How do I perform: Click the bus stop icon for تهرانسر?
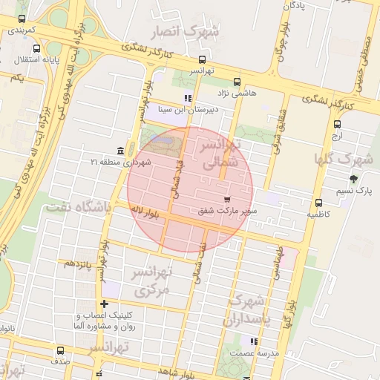coord(203,60)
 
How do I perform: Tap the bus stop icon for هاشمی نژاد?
coord(236,82)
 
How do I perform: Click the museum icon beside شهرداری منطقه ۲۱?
coord(121,151)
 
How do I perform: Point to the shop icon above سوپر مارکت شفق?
coord(226,200)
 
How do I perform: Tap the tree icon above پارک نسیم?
coord(353,179)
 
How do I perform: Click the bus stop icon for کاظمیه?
coord(318,203)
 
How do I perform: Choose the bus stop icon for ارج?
coord(337,125)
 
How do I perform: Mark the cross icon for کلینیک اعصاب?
coord(105,304)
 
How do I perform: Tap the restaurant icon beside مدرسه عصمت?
coord(255,342)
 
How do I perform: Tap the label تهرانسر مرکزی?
coord(151,281)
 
